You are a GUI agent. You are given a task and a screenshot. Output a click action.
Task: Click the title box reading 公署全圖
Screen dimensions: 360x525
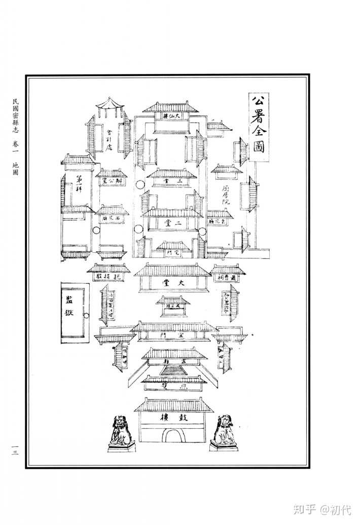259,126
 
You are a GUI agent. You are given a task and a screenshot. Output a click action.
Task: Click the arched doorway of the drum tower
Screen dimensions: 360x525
173,435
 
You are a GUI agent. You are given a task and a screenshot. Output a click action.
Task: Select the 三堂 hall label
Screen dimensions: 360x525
172,180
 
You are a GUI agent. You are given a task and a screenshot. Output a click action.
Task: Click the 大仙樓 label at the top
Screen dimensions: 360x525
172,116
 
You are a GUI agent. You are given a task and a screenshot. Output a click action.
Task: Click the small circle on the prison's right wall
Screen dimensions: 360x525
86,316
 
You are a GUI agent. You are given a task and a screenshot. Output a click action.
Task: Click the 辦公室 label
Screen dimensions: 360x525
111,181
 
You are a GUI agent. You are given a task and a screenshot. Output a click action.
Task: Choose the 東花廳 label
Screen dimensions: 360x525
220,221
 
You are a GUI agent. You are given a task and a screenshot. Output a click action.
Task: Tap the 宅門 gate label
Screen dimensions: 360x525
173,252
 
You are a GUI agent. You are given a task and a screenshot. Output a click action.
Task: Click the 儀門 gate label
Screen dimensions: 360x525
173,335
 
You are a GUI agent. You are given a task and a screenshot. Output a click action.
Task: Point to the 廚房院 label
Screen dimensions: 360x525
226,195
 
